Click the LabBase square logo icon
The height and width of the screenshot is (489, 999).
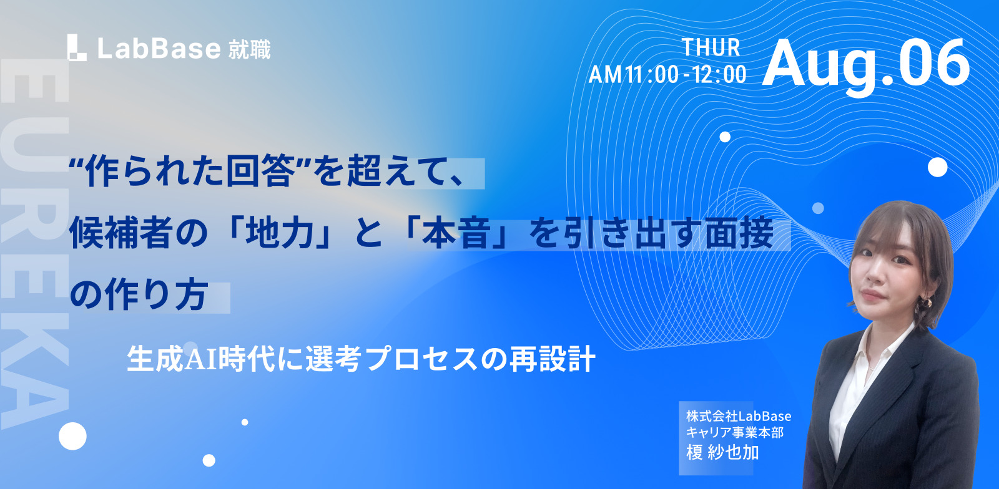click(x=77, y=47)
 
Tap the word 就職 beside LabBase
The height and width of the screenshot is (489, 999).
click(x=249, y=49)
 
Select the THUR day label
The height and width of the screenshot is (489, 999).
click(x=711, y=47)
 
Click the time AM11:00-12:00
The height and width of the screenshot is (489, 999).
click(x=667, y=74)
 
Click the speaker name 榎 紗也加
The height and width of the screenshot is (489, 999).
click(x=722, y=452)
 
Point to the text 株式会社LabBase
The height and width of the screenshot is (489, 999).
click(x=739, y=417)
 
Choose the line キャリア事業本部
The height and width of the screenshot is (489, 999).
click(x=734, y=432)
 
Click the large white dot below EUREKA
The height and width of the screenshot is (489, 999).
click(x=72, y=436)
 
